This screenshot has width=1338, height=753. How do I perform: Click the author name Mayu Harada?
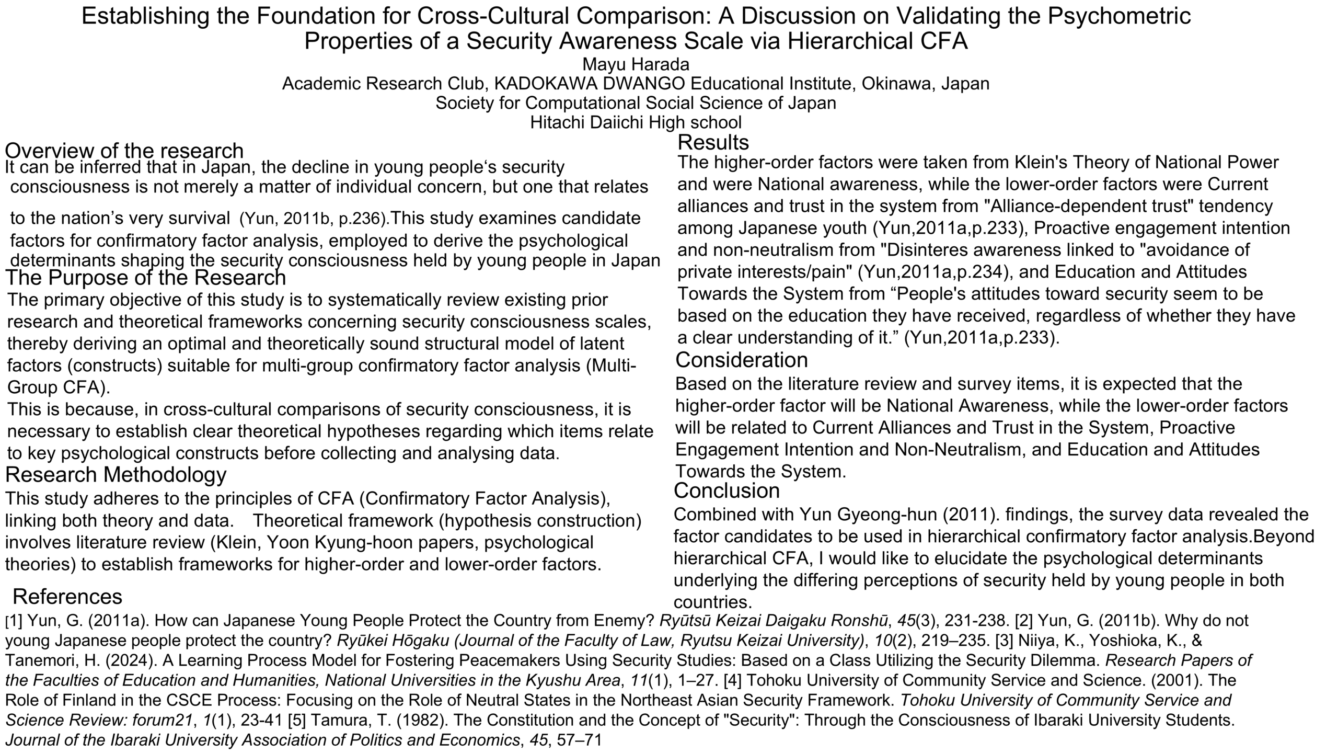pos(636,64)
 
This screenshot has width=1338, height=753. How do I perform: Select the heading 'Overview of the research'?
pos(124,151)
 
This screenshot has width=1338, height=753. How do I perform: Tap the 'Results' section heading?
pos(713,142)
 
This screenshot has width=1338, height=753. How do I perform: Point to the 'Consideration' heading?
pos(741,360)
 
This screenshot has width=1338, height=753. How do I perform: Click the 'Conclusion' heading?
pos(726,490)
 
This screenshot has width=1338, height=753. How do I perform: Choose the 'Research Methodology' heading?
pos(116,474)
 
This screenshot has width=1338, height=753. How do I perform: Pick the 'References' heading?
pos(67,596)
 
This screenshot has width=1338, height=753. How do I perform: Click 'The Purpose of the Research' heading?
pos(145,277)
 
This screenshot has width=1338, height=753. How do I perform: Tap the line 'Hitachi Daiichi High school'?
pos(636,122)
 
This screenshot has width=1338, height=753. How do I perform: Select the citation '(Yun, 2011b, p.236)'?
pos(314,219)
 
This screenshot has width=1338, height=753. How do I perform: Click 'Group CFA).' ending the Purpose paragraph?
pos(59,387)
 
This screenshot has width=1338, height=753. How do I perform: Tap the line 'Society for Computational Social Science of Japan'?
pos(636,103)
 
